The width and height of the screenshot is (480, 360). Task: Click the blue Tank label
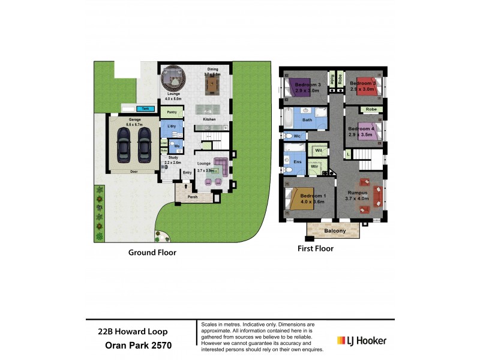(143, 109)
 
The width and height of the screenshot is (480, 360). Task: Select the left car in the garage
(122, 146)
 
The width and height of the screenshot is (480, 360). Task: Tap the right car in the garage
(144, 146)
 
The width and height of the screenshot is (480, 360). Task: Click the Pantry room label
(172, 112)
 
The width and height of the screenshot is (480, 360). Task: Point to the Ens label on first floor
(296, 161)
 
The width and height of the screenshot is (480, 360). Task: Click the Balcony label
(335, 230)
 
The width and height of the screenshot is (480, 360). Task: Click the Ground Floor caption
(152, 253)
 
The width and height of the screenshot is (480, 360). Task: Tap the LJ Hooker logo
(362, 341)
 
